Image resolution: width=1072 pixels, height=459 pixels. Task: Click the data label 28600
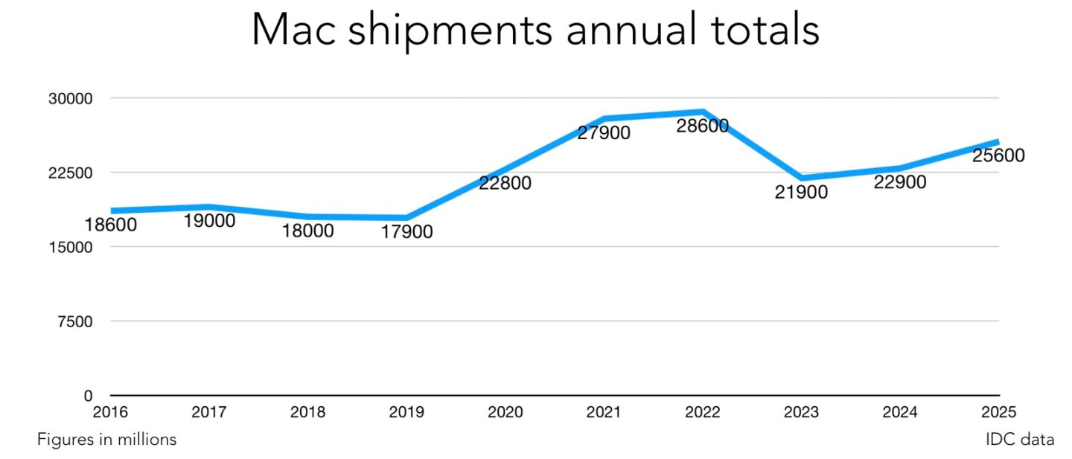[702, 126]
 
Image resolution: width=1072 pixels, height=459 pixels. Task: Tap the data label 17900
[406, 232]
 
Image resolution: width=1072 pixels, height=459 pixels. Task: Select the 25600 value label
[998, 156]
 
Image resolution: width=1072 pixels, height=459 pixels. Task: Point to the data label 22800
[505, 183]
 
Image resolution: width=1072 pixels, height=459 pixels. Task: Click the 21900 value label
[801, 193]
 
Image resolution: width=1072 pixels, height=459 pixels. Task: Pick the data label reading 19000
[208, 221]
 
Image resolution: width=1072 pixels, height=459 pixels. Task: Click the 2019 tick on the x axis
[406, 412]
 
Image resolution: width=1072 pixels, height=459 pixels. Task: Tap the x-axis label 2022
[702, 412]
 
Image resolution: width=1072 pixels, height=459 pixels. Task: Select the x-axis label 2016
[110, 412]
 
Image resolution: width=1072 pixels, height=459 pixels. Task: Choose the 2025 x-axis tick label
[998, 412]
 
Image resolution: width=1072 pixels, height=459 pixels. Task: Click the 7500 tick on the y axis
[74, 321]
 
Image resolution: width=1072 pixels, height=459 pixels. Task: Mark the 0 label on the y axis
[88, 396]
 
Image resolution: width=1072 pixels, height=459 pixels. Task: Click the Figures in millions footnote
[107, 440]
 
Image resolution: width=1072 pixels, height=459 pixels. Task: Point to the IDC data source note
[1019, 440]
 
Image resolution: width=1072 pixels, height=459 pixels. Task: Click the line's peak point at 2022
[702, 112]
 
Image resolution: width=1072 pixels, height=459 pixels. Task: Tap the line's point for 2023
[802, 179]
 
